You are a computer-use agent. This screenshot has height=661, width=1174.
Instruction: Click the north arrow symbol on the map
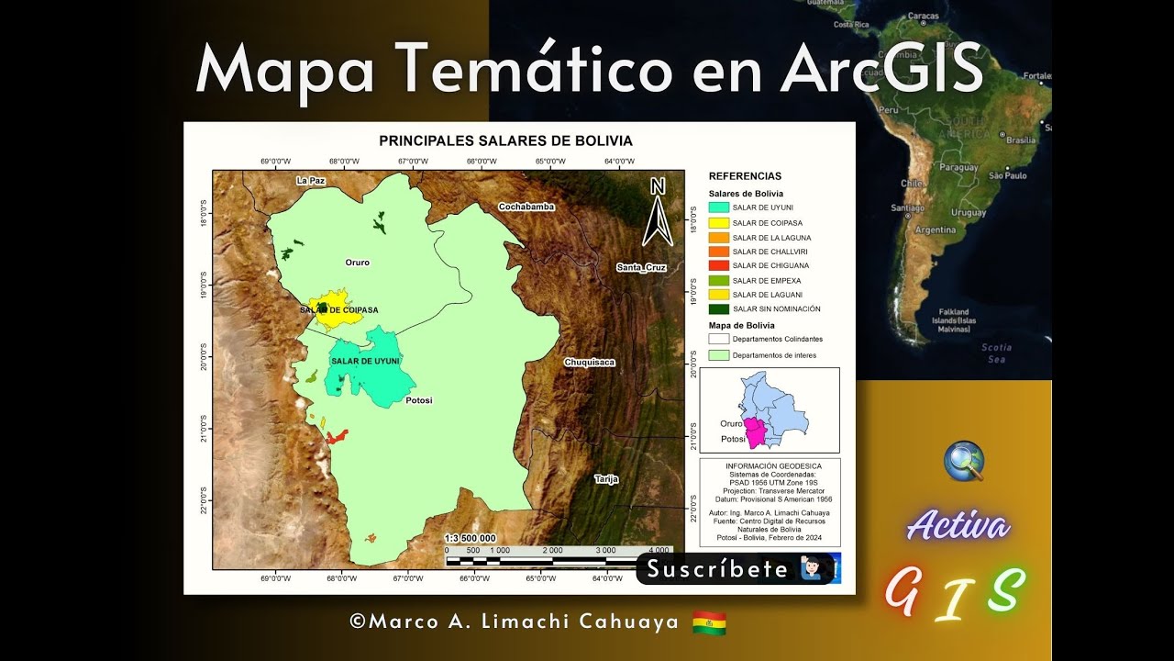point(658,213)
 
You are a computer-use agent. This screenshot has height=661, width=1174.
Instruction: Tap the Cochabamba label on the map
point(526,207)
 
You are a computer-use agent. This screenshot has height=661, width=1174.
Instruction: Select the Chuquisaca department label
point(590,362)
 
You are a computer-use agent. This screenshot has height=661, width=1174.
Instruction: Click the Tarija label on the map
point(606,478)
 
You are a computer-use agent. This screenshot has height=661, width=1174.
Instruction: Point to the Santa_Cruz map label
point(641,267)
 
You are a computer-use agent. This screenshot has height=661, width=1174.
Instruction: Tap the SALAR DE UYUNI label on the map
point(365,361)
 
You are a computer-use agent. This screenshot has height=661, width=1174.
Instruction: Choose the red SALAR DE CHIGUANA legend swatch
point(718,265)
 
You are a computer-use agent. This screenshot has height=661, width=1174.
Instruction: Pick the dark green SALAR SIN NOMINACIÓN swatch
point(718,308)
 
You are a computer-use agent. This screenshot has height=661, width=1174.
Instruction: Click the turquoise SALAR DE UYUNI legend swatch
point(718,207)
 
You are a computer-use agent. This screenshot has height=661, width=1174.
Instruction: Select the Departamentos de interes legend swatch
point(718,354)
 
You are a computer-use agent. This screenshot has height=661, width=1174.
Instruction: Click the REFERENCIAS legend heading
point(745,175)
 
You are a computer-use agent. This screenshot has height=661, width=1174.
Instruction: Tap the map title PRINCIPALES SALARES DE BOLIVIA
point(505,141)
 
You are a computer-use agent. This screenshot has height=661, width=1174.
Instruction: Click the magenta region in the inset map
point(757,431)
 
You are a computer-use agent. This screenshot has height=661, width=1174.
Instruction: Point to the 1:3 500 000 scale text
point(471,538)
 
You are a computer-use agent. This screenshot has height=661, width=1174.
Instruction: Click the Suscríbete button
point(734,569)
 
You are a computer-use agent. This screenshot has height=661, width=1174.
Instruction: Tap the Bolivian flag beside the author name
point(709,622)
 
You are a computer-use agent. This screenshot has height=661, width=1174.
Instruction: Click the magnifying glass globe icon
point(964,460)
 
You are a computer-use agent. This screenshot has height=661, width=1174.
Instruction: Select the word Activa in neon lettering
point(958,526)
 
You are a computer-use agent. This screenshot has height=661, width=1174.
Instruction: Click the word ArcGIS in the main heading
point(881,69)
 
